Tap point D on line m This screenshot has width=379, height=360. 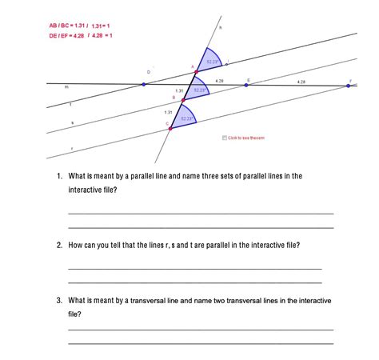click(x=144, y=83)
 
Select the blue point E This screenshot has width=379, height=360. click(x=246, y=84)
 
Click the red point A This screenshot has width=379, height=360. click(x=197, y=72)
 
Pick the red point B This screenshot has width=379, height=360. click(x=183, y=100)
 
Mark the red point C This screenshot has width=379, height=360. click(x=170, y=127)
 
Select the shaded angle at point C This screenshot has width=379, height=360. click(x=184, y=118)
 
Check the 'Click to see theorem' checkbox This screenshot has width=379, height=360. click(x=224, y=138)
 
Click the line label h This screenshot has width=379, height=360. click(x=221, y=28)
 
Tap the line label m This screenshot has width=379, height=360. click(x=66, y=87)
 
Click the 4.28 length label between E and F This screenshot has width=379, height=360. click(x=301, y=82)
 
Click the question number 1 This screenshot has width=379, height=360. click(x=59, y=175)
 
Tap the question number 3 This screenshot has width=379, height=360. click(x=59, y=301)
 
